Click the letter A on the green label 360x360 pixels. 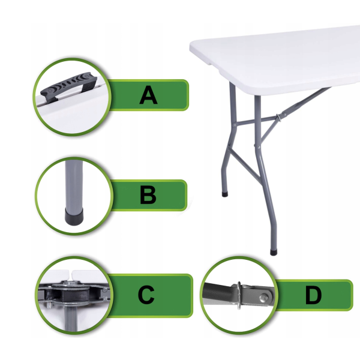[x=148, y=95]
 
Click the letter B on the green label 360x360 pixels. [x=148, y=195]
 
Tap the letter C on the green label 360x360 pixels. [x=146, y=295]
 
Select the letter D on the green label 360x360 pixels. [x=313, y=296]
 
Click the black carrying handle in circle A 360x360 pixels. [x=69, y=85]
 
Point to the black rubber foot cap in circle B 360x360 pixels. [x=74, y=216]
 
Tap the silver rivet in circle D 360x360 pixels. [x=263, y=298]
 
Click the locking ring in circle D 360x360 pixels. [x=239, y=295]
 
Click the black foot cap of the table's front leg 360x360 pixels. [x=274, y=253]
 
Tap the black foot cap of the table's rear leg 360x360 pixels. [x=225, y=194]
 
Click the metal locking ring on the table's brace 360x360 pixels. [x=278, y=118]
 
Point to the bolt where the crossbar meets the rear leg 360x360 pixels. [x=235, y=125]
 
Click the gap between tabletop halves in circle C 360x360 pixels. [x=71, y=274]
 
